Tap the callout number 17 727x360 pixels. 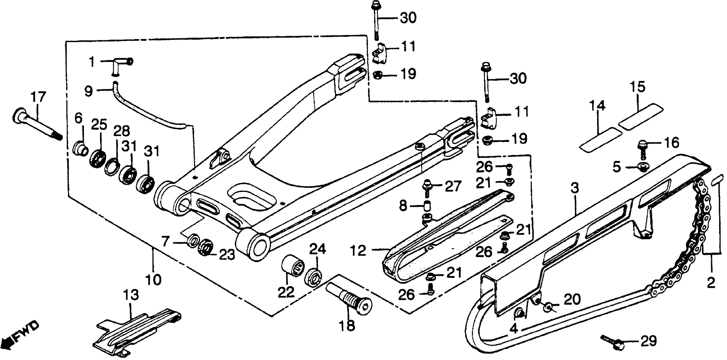coord(38,97)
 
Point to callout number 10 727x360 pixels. coord(154,279)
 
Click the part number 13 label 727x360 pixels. coord(131,295)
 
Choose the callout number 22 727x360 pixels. coord(286,292)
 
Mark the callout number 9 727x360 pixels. coord(89,91)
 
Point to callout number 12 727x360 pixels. coord(358,251)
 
